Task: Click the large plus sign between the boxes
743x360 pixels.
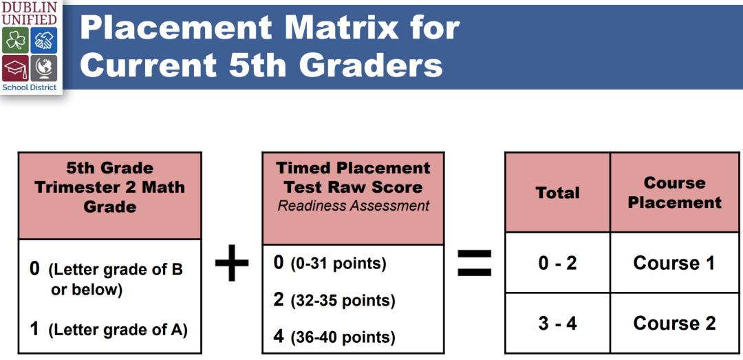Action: (x=232, y=262)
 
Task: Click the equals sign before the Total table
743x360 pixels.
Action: (x=474, y=262)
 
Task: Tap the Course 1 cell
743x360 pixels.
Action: (x=674, y=263)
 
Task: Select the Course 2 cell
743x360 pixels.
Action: (x=674, y=323)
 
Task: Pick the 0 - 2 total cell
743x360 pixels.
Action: (x=558, y=263)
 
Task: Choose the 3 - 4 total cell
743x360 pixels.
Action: (x=558, y=323)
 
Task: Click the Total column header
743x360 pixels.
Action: (x=558, y=193)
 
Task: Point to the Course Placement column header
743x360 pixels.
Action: (x=674, y=193)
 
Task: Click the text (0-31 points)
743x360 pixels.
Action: (x=338, y=264)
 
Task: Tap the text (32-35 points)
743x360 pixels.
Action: (x=343, y=301)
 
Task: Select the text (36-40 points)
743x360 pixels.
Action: (x=343, y=337)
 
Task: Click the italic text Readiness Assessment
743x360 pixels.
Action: (x=354, y=205)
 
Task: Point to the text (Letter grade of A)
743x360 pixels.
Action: (x=118, y=330)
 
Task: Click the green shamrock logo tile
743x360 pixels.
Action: (x=15, y=41)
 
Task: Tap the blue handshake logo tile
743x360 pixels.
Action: (x=44, y=41)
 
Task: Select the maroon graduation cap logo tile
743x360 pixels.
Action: (x=15, y=68)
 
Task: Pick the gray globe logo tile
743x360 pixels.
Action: (x=44, y=68)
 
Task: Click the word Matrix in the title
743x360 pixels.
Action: (x=334, y=28)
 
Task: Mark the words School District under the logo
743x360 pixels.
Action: (x=30, y=87)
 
